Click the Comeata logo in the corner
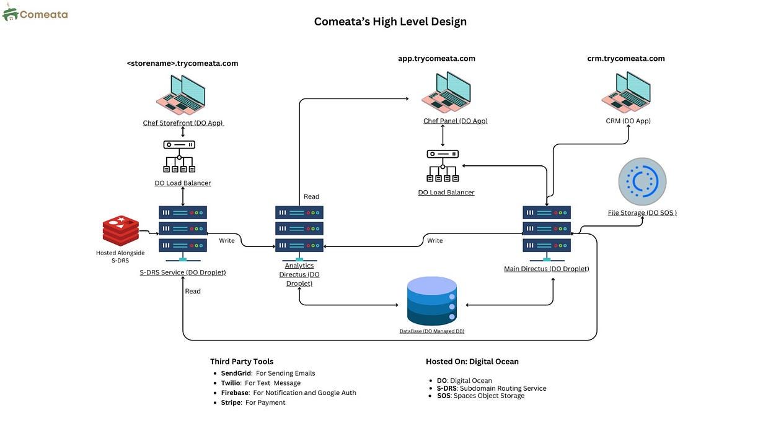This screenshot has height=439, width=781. pyautogui.click(x=35, y=14)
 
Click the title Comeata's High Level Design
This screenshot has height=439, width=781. pyautogui.click(x=390, y=22)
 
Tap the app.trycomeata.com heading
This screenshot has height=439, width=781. pyautogui.click(x=436, y=59)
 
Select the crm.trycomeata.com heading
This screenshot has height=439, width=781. pyautogui.click(x=626, y=59)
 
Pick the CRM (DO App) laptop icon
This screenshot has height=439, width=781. pyautogui.click(x=626, y=93)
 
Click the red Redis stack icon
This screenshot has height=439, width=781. pyautogui.click(x=121, y=231)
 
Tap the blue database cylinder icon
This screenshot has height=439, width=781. pyautogui.click(x=432, y=301)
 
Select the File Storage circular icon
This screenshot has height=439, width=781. pyautogui.click(x=642, y=181)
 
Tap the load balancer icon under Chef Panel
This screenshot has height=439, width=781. pyautogui.click(x=443, y=166)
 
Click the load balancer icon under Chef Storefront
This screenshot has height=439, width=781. pyautogui.click(x=179, y=157)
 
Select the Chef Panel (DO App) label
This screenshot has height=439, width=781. pyautogui.click(x=455, y=121)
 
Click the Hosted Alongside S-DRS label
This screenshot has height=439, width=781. pyautogui.click(x=120, y=256)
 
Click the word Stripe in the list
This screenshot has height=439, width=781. pyautogui.click(x=231, y=402)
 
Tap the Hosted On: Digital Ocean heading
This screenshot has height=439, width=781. pyautogui.click(x=472, y=362)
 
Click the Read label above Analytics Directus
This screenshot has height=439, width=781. pyautogui.click(x=311, y=197)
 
